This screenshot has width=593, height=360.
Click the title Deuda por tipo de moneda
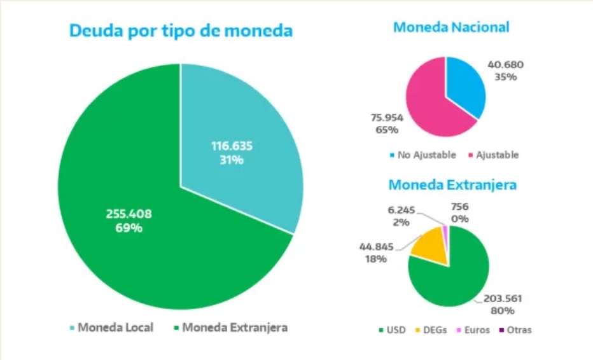pyautogui.click(x=181, y=31)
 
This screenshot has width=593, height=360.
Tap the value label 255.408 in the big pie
pyautogui.click(x=129, y=214)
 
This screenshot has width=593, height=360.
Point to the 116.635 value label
pyautogui.click(x=232, y=146)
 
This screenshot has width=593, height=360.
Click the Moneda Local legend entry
pyautogui.click(x=111, y=328)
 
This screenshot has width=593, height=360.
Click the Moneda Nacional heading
pyautogui.click(x=451, y=27)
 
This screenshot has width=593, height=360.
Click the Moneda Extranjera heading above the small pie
pyautogui.click(x=452, y=185)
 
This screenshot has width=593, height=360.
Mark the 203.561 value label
pyautogui.click(x=506, y=299)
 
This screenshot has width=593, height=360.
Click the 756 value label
pyautogui.click(x=460, y=207)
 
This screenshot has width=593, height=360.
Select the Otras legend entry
pyautogui.click(x=516, y=329)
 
